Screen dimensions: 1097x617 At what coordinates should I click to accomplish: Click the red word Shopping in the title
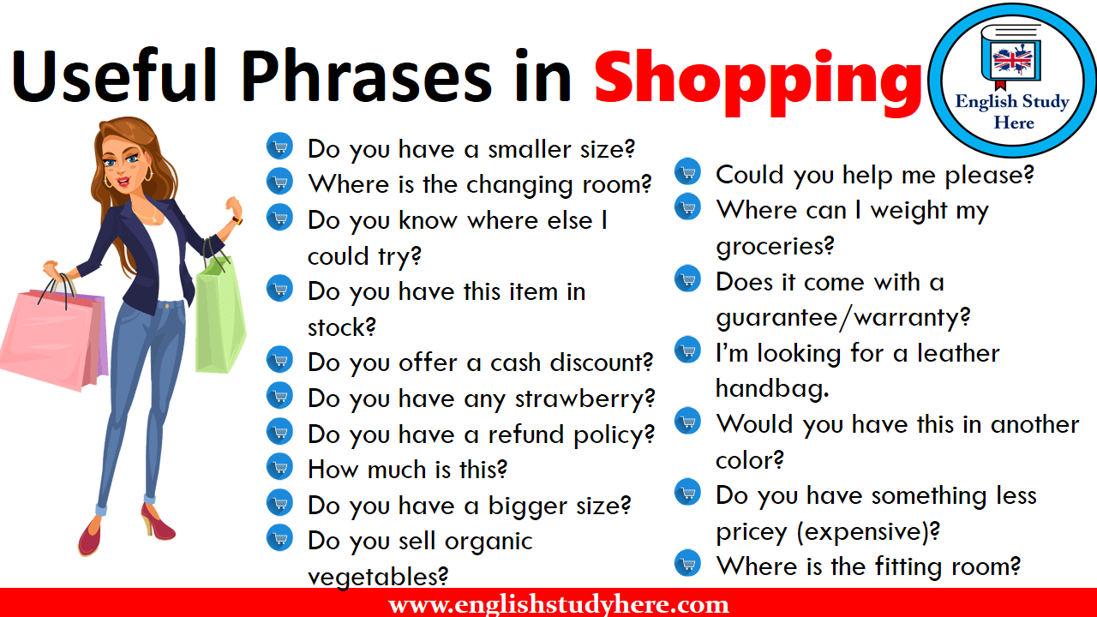pos(757,82)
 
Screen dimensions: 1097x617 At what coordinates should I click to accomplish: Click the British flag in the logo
pos(1012,60)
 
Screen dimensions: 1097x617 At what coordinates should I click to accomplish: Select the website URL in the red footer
pos(558,604)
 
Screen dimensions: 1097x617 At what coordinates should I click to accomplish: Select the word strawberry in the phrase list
pos(584,399)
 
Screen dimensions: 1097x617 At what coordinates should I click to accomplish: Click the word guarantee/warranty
pos(842,317)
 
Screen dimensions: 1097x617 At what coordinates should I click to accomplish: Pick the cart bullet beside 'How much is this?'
pos(280,467)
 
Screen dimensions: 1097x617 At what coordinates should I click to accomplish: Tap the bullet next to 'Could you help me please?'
pos(688,171)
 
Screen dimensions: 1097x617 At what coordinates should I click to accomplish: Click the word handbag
pos(772,388)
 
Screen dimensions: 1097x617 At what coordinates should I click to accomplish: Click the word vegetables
pos(378,577)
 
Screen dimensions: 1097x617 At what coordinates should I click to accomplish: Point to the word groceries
pos(775,246)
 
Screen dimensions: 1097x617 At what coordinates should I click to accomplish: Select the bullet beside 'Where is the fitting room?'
pos(688,563)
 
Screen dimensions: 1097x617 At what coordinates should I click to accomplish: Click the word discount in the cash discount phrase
pos(601,362)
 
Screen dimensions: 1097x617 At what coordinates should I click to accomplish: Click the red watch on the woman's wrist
pos(238,220)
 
